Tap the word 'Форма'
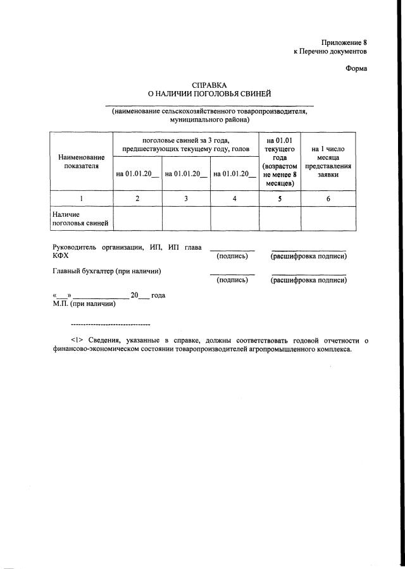356,69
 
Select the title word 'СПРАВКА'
209,85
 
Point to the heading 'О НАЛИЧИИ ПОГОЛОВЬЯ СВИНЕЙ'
209,94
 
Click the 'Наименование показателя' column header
82,161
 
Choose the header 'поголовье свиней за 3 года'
185,143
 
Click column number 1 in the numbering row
82,199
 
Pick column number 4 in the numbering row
235,199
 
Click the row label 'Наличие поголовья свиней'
80,219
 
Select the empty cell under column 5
280,219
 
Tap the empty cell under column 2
137,219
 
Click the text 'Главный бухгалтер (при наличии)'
106,271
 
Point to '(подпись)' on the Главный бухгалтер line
232,279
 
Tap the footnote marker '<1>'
77,340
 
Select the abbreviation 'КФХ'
61,256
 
